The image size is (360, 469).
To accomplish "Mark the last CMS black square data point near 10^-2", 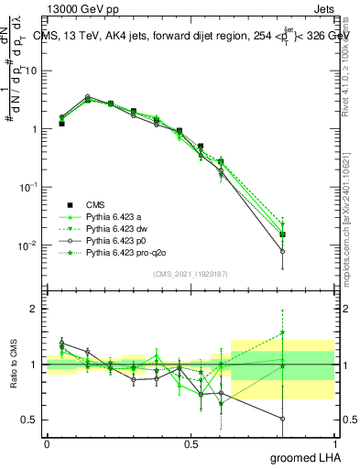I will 283,234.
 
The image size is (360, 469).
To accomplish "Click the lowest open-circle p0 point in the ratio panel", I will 283,419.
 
